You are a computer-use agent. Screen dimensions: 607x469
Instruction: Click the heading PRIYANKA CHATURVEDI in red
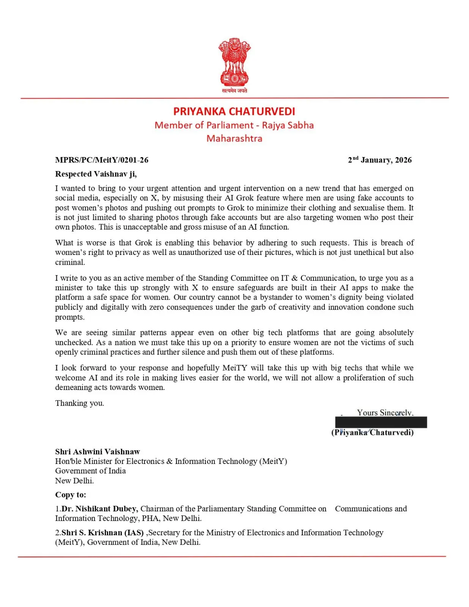pyautogui.click(x=234, y=111)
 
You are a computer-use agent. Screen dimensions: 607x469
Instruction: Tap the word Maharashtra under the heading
pyautogui.click(x=234, y=138)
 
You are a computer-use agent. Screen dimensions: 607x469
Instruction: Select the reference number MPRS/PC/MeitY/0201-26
pyautogui.click(x=102, y=160)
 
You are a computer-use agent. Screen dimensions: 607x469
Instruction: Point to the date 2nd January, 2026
pyautogui.click(x=379, y=160)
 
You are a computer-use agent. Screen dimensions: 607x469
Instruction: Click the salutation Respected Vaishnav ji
pyautogui.click(x=96, y=174)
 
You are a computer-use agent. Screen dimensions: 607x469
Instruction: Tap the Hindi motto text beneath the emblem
pyautogui.click(x=234, y=91)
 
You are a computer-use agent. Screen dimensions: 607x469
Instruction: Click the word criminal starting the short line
pyautogui.click(x=70, y=262)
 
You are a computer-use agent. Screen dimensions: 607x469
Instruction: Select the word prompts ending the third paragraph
pyautogui.click(x=69, y=317)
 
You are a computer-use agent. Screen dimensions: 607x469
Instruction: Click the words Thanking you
pyautogui.click(x=79, y=403)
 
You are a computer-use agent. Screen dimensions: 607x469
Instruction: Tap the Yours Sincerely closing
pyautogui.click(x=384, y=412)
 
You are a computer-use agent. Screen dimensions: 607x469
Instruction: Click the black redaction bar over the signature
pyautogui.click(x=381, y=422)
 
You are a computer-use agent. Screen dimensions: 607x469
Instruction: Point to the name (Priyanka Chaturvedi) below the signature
pyautogui.click(x=372, y=432)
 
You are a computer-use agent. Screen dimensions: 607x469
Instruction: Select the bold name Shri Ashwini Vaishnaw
pyautogui.click(x=98, y=451)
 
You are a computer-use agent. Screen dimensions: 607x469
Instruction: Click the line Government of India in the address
pyautogui.click(x=90, y=471)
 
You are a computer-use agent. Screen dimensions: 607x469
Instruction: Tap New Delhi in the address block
pyautogui.click(x=74, y=481)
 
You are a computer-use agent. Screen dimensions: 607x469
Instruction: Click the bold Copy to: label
pyautogui.click(x=71, y=495)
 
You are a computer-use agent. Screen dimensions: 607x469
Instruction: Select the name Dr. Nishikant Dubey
pyautogui.click(x=99, y=508)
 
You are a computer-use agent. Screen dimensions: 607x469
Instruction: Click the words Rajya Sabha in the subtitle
pyautogui.click(x=288, y=125)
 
